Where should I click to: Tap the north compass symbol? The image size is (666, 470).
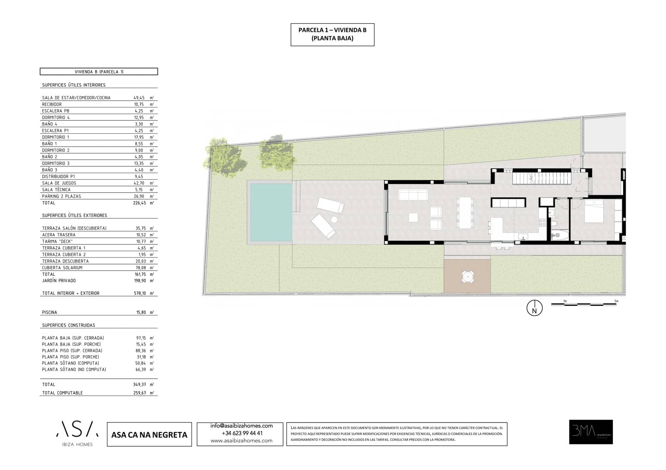[534, 309]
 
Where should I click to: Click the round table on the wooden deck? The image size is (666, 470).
[467, 276]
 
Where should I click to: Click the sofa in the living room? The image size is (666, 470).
[413, 195]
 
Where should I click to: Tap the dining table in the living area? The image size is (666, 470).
[465, 212]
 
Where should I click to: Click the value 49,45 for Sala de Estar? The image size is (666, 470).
[139, 98]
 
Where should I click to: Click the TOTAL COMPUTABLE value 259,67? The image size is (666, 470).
[139, 393]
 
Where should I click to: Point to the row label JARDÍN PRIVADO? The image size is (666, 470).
[59, 281]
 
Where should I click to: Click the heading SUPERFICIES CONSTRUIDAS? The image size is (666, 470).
[68, 325]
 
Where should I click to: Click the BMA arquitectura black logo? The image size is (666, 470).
[591, 432]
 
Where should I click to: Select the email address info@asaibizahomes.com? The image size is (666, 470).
[241, 426]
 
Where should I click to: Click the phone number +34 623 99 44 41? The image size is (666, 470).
[241, 433]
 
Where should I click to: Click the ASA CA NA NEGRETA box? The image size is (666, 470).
[149, 435]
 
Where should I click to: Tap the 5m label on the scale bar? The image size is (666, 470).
[616, 301]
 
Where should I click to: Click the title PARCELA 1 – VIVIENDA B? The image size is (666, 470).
[332, 30]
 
